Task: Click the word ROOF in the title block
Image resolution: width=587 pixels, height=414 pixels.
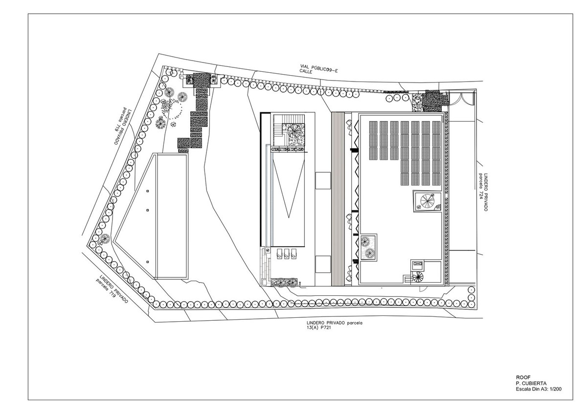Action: tap(523, 377)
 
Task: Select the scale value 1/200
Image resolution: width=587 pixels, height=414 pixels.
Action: tap(554, 389)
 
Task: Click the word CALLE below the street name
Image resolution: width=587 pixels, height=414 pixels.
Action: tap(306, 71)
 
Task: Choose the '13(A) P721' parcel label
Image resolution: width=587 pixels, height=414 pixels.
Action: tap(318, 327)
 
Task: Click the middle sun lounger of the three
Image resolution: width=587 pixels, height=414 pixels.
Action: tap(287, 254)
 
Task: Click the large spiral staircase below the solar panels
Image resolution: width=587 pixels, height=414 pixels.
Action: tap(428, 201)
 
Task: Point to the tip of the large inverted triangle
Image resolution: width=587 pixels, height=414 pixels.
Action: tap(289, 218)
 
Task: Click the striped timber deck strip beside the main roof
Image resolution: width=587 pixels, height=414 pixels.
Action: tap(338, 199)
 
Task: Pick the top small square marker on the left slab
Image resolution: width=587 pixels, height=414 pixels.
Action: tap(148, 191)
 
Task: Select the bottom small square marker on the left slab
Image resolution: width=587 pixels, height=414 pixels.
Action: tap(148, 262)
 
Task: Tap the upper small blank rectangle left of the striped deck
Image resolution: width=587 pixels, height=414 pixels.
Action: tap(323, 181)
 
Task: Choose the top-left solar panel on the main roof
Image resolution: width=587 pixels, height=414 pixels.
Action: tap(373, 127)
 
